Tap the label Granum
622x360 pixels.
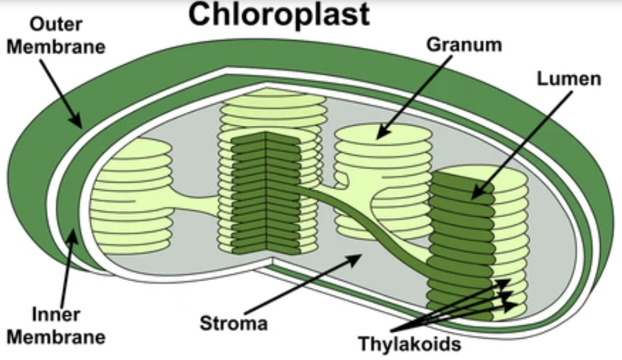455,45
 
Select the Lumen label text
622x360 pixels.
568,79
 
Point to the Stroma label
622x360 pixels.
233,322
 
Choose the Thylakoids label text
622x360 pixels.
410,343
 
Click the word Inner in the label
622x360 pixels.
56,315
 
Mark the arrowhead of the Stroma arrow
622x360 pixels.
357,258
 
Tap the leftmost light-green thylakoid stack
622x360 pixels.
132,194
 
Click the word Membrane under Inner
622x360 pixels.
56,336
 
